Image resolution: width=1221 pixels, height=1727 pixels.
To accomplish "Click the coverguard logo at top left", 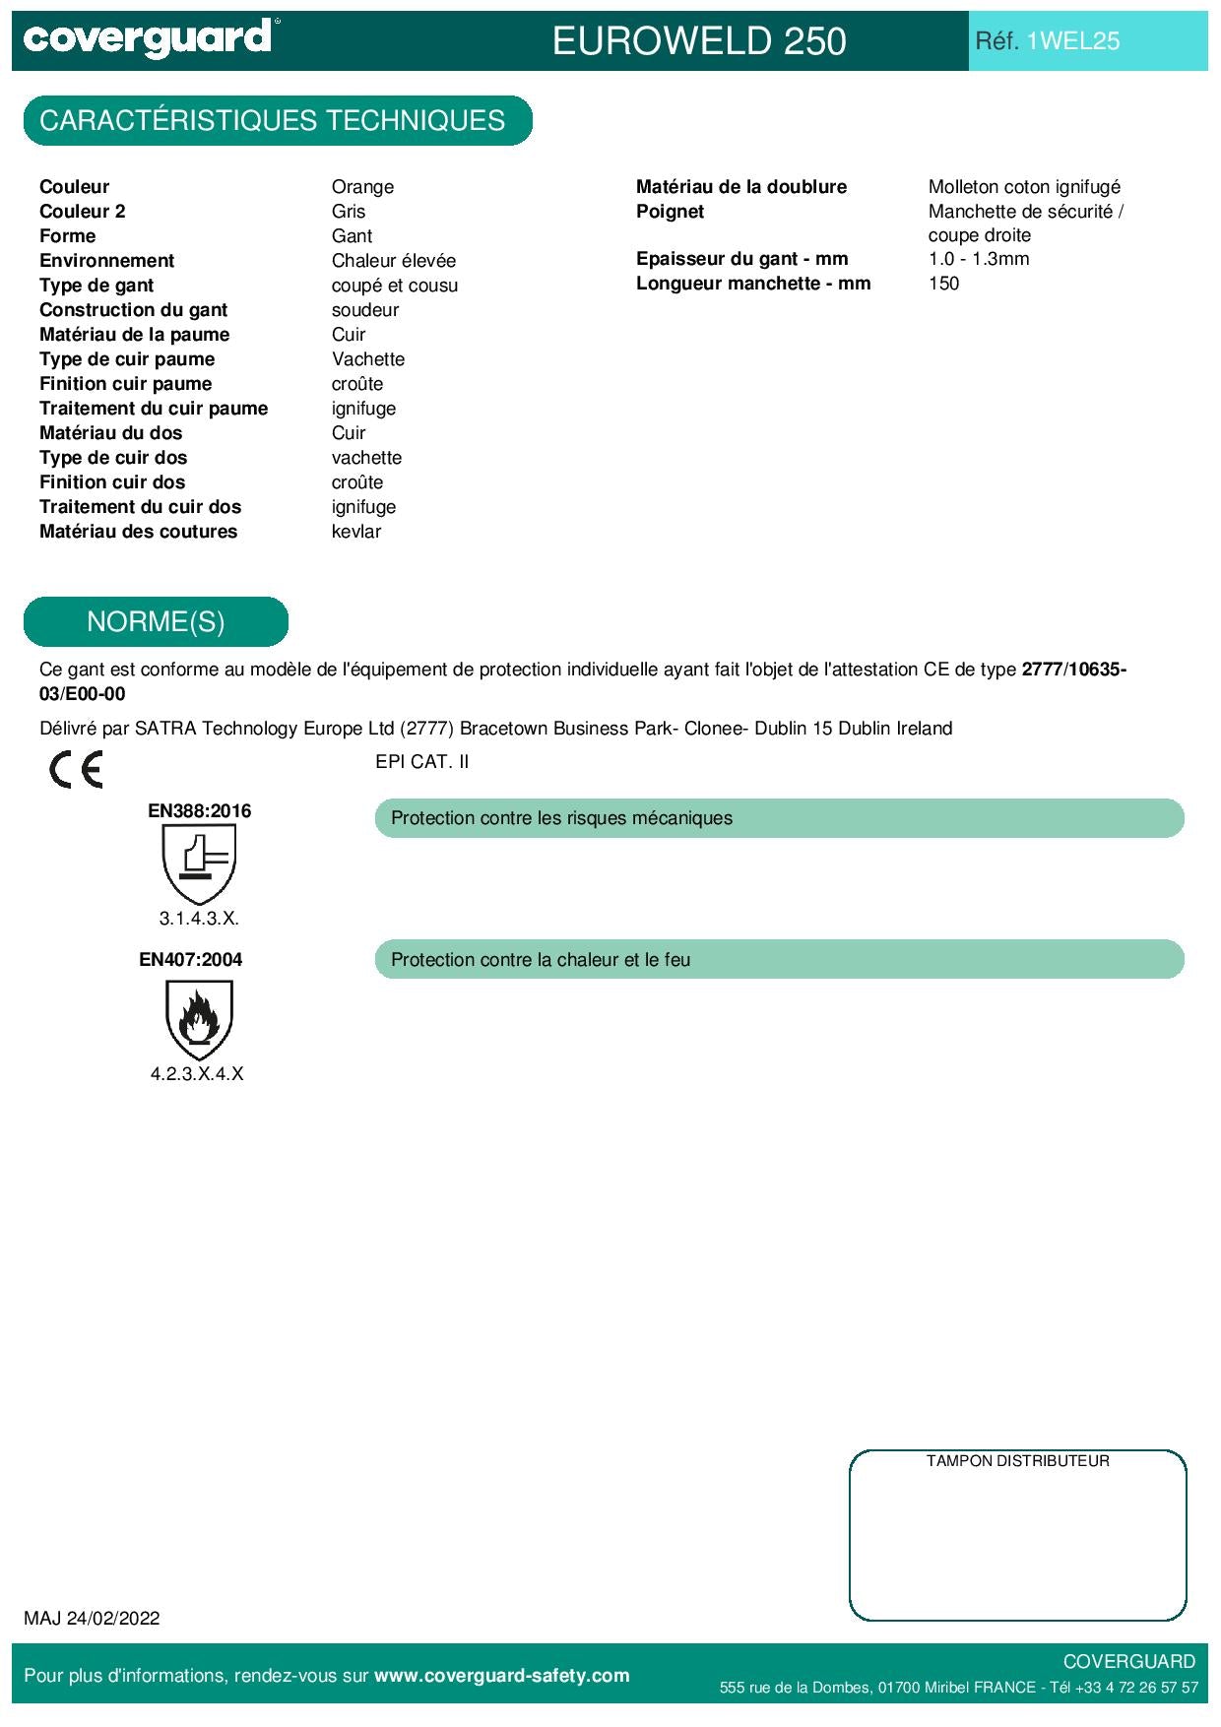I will (148, 39).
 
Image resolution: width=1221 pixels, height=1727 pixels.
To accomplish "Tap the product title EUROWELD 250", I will (699, 41).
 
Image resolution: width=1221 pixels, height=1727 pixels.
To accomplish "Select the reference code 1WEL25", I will (1072, 41).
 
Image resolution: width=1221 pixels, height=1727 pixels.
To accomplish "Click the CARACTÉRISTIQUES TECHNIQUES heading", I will (273, 121).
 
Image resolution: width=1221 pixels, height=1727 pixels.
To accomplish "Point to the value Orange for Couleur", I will (362, 187).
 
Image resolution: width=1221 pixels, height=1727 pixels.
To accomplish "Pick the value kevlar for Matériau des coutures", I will (356, 532).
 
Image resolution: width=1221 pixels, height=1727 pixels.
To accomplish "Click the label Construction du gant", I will (134, 310).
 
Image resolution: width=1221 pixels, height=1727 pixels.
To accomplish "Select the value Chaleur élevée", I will (394, 261).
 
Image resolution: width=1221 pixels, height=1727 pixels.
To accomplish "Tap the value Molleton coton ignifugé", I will (1024, 187).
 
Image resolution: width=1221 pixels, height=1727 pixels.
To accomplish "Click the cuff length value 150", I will (943, 284).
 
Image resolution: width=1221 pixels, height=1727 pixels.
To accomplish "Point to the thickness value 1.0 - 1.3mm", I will (979, 259).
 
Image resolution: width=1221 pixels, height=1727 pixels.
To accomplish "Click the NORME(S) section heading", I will (156, 622).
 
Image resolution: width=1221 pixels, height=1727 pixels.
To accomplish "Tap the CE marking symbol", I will (76, 769).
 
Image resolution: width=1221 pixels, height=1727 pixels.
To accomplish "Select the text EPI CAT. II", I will (422, 762).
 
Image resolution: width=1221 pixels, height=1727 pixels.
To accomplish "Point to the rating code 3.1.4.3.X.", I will (199, 919).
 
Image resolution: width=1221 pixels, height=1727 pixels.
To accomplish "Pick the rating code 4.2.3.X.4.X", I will (197, 1074).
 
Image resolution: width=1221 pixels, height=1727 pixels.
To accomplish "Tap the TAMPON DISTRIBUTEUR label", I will (1017, 1461).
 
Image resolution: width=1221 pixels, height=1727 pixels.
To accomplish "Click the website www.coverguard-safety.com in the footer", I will (502, 1676).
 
